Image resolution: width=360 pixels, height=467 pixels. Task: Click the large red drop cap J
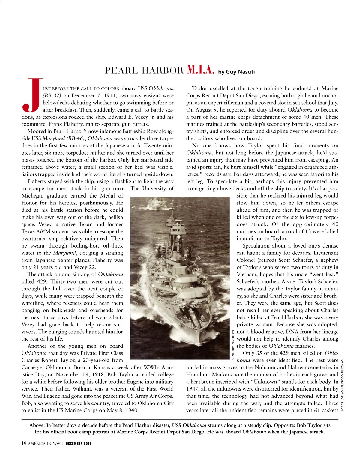(x=31, y=95)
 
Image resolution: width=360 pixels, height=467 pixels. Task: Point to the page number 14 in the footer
(x=24, y=443)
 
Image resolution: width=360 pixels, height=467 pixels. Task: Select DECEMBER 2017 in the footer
(x=79, y=444)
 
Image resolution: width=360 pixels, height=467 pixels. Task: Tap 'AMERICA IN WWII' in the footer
(x=45, y=444)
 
